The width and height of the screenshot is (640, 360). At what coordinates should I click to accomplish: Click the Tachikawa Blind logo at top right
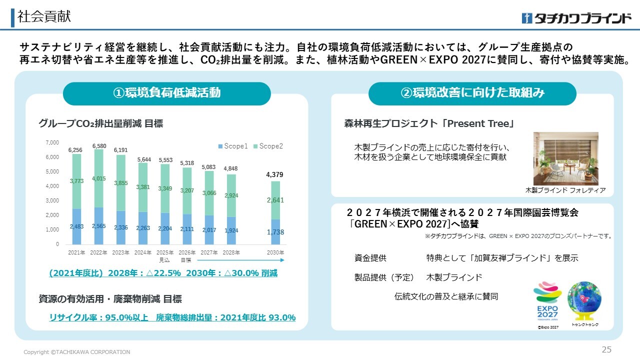click(x=576, y=18)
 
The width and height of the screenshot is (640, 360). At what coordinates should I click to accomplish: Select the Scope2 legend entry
click(x=268, y=146)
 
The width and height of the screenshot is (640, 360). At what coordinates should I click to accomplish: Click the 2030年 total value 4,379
click(x=274, y=174)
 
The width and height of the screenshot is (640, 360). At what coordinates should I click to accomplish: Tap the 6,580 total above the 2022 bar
click(x=99, y=146)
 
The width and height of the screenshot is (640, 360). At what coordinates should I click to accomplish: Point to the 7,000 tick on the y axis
click(x=52, y=143)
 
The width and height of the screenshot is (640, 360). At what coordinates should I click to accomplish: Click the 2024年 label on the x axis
click(x=142, y=252)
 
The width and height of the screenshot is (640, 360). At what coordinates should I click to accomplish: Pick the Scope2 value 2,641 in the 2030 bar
click(x=274, y=200)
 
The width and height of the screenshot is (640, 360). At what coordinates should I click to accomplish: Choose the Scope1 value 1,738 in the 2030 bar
click(x=274, y=232)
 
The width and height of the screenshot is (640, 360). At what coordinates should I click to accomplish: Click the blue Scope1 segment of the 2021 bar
click(x=76, y=226)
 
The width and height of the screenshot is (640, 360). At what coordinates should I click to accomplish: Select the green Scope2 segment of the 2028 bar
click(x=230, y=195)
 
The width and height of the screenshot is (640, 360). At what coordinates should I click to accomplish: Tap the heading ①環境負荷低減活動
click(x=166, y=93)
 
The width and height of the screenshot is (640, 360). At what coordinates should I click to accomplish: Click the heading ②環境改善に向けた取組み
click(x=472, y=93)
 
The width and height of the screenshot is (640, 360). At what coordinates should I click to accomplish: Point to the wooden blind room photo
click(x=565, y=158)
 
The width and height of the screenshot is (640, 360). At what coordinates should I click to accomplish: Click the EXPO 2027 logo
click(x=547, y=301)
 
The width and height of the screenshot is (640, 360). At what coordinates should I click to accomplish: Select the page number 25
click(x=606, y=349)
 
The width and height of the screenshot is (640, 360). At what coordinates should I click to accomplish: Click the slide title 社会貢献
click(x=44, y=16)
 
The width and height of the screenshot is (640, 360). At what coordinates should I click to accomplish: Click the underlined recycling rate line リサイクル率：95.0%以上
click(x=99, y=317)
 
